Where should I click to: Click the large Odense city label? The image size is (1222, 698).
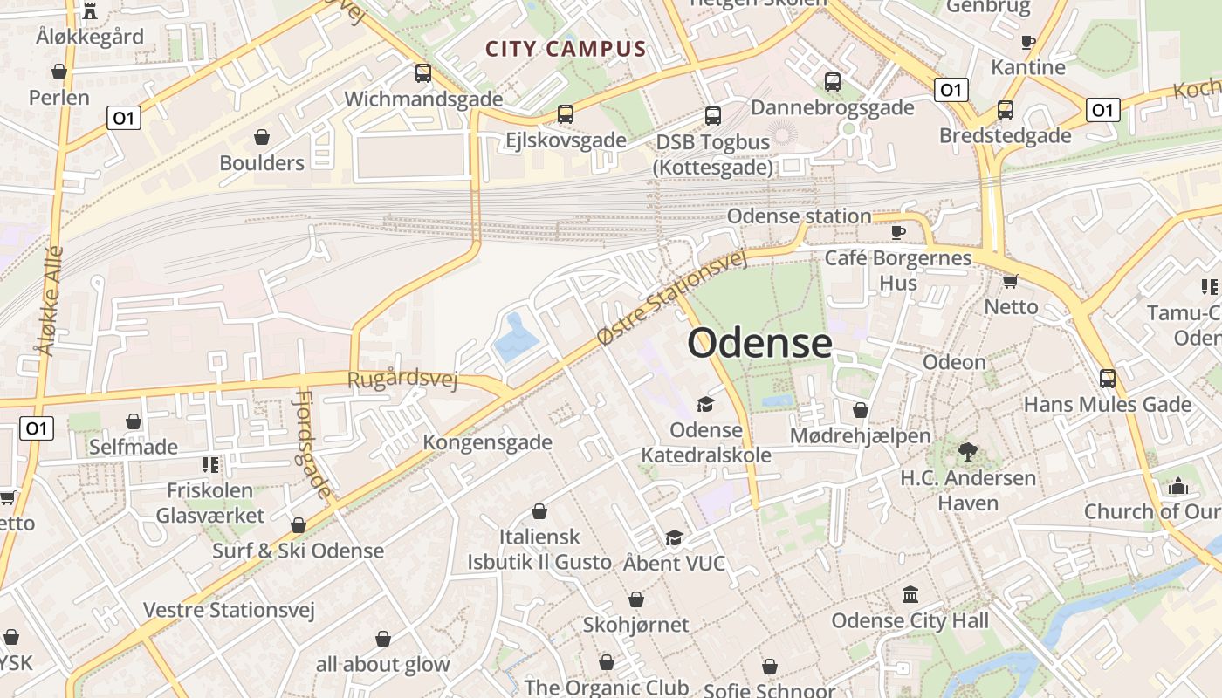(759, 343)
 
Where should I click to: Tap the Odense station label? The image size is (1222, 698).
(799, 216)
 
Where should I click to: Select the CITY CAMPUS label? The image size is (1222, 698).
(566, 49)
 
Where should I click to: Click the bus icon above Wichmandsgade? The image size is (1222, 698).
(423, 73)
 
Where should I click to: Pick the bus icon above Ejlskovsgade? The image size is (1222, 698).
(566, 114)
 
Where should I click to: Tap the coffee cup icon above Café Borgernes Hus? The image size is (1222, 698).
(898, 231)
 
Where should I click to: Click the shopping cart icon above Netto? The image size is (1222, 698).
(1011, 281)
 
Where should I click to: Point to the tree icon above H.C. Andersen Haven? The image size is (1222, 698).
(967, 452)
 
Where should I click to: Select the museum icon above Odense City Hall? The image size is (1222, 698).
(910, 594)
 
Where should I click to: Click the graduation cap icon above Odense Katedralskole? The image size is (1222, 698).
(705, 404)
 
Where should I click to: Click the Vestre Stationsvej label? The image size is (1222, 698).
(229, 609)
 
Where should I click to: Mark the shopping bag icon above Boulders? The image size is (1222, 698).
(261, 137)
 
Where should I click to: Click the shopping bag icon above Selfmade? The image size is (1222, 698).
(134, 422)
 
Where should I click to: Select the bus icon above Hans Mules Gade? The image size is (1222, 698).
(1107, 379)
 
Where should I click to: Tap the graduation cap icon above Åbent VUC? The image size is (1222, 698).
(674, 537)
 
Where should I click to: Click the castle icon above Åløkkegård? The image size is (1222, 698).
(89, 11)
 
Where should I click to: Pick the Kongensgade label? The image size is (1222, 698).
(487, 442)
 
